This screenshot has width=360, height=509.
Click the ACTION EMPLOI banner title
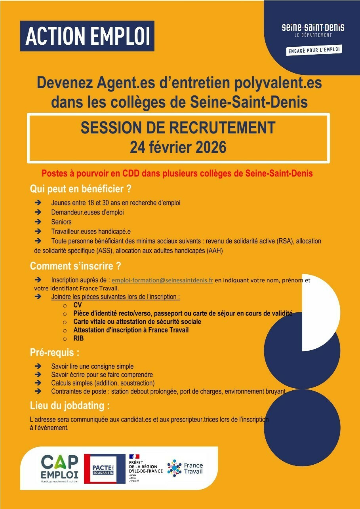(87, 36)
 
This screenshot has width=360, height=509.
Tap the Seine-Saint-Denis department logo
(313, 30)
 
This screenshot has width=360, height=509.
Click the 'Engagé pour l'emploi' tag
(314, 50)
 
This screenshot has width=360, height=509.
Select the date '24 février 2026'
(178, 147)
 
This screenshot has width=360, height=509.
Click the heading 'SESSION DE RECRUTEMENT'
(178, 128)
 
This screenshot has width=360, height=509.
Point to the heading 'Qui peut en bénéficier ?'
(81, 189)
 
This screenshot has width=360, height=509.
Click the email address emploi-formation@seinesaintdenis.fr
(162, 280)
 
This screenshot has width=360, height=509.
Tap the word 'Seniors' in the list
(61, 222)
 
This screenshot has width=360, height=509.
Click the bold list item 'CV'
(78, 305)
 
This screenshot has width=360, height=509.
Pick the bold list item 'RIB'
(78, 338)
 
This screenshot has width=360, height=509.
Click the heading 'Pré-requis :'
(52, 353)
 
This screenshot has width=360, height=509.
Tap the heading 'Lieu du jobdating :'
(70, 406)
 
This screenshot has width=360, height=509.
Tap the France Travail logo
(185, 468)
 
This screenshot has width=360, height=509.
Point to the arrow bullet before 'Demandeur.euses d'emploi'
(38, 213)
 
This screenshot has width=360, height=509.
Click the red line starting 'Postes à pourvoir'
(177, 173)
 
